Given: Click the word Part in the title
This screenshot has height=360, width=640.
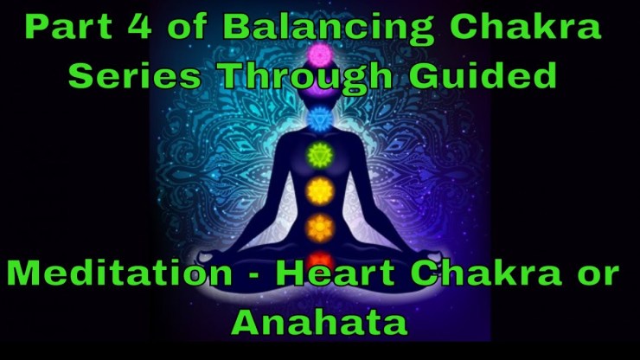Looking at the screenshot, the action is coord(68,27).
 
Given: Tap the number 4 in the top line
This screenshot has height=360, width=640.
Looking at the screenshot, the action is coord(138,27).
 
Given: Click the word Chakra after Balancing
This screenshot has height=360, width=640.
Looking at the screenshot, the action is coord(526,26).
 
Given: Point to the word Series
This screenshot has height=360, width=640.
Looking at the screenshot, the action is coord(135,75).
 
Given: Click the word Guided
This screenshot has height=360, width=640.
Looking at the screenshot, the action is coord(483,74).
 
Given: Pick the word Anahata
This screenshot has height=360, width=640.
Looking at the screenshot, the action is coord(320,322).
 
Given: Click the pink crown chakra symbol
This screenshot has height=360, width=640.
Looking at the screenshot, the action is coord(320,55).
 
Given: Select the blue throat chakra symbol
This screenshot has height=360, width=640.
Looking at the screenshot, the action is coord(320,119).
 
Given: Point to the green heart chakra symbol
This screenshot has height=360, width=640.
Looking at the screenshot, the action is coord(320,155).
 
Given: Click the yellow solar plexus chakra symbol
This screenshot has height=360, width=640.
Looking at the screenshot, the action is coord(320,191).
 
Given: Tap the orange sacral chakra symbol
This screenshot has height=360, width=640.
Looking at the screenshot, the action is coord(320,228).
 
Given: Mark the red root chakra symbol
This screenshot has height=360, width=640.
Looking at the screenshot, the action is coord(321,260).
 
